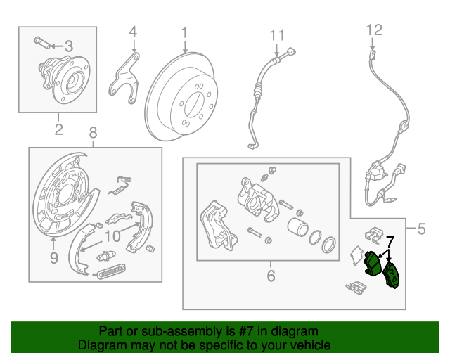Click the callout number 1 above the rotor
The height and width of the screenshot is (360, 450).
[x=184, y=32]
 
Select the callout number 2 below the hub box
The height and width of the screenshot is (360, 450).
[x=58, y=129]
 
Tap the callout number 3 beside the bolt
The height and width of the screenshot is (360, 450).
[x=68, y=46]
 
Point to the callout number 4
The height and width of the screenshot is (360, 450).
[x=133, y=32]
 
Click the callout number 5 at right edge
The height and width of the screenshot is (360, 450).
[x=421, y=228]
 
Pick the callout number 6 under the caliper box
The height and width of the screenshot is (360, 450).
[x=271, y=276]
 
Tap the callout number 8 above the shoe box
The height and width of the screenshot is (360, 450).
[x=93, y=132]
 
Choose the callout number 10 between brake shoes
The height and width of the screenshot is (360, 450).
[x=113, y=236]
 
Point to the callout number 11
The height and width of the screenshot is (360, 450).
[x=278, y=34]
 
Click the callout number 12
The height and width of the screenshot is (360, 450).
[x=373, y=30]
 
